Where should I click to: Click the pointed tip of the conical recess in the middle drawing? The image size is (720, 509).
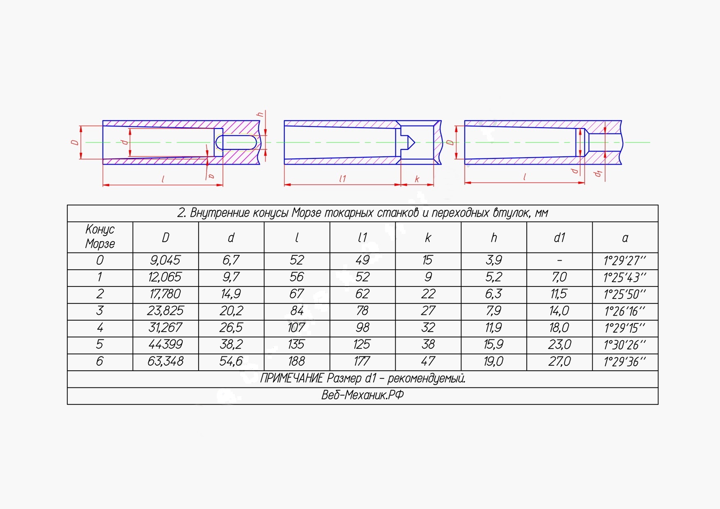coord(415,142)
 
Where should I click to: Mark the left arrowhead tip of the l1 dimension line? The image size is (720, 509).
coord(284,185)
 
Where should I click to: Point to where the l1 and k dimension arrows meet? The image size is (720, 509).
coord(401,185)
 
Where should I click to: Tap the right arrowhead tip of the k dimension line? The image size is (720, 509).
coord(434,185)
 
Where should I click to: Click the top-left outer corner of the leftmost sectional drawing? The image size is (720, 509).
coord(103,121)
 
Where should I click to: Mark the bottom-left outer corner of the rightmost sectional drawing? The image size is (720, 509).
coord(465,164)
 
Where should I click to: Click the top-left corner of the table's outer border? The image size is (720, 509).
coord(68,205)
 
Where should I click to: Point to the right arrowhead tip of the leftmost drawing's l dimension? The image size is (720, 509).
coord(223,185)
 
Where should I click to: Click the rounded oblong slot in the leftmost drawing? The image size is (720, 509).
coord(236,142)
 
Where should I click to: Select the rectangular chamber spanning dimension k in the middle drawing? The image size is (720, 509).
coord(417,142)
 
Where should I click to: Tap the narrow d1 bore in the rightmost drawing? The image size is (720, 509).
coord(605,142)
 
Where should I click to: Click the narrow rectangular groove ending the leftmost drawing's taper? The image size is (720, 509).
coord(218,142)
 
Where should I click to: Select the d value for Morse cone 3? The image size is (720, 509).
coord(231,311)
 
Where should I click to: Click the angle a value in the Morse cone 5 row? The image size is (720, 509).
coord(625,345)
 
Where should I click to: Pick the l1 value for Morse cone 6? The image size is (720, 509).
coord(362,361)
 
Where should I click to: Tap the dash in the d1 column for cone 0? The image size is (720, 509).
coord(559,261)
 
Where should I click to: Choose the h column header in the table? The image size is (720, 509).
coord(494,238)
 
